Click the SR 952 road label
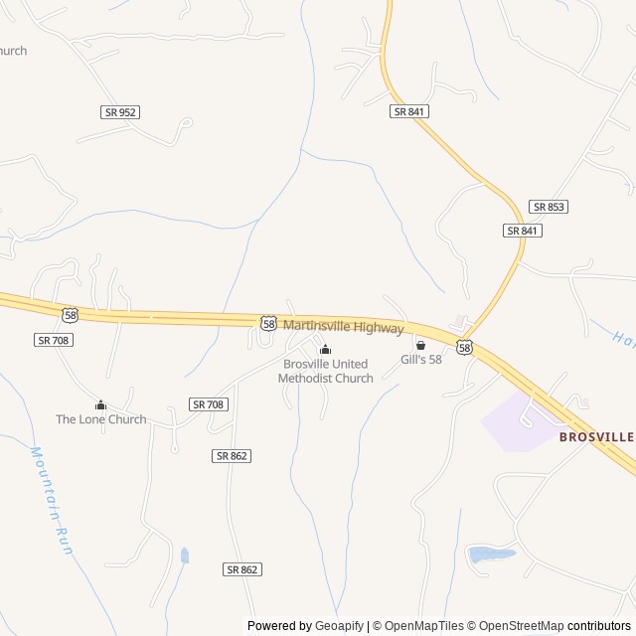point(120,112)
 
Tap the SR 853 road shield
point(549,207)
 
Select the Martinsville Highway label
point(344,327)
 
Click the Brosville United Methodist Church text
point(326,371)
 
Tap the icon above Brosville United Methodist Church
point(325,349)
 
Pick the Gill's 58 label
point(421,359)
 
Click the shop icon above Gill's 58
point(420,345)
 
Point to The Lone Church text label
point(100,418)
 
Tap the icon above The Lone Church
point(100,404)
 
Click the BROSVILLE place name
point(595,436)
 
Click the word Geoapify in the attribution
point(339,626)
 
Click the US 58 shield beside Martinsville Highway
point(269,324)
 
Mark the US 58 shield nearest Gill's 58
point(465,347)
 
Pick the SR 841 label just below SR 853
point(523,231)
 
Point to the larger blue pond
point(491,554)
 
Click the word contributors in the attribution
point(600,626)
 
